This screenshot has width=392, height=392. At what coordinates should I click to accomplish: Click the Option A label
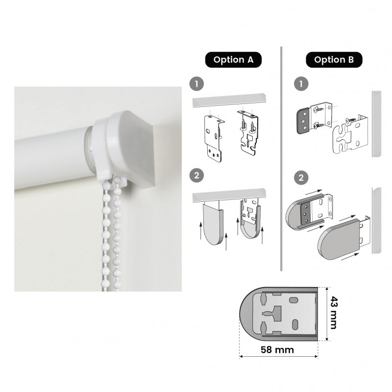[233, 60]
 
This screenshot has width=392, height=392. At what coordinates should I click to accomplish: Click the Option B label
[334, 60]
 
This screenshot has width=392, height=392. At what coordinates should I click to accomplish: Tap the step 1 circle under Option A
[197, 84]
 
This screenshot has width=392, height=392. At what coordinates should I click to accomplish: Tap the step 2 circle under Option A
[197, 175]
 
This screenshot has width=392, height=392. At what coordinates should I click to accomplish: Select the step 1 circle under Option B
[301, 84]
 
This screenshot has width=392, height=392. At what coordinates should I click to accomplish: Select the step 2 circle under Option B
[301, 178]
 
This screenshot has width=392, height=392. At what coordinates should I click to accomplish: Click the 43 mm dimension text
[334, 313]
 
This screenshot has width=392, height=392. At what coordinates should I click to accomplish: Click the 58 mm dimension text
[277, 349]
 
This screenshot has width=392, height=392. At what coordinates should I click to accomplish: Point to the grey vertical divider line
[281, 158]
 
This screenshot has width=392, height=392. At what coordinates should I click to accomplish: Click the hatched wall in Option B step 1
[376, 124]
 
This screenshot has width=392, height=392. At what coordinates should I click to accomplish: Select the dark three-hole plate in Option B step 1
[303, 121]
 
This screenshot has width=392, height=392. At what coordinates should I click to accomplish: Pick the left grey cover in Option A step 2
[213, 224]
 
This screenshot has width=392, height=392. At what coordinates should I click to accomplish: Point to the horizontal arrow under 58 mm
[278, 357]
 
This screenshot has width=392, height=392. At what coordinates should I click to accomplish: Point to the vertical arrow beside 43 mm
[327, 314]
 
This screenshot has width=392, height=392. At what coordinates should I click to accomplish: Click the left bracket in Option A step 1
[214, 138]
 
